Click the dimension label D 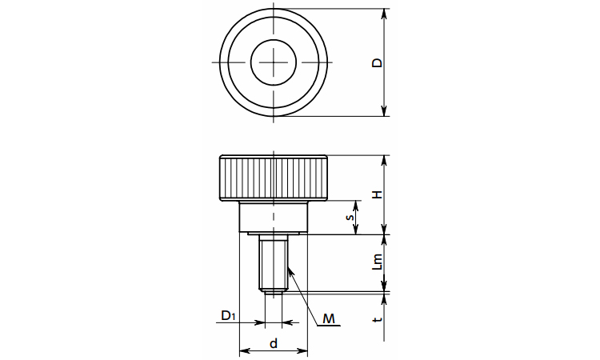[378, 62]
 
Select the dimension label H [378, 194]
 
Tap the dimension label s [350, 218]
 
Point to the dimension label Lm [378, 262]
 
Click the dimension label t [378, 318]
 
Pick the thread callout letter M [328, 318]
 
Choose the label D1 [228, 316]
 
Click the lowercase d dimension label [274, 343]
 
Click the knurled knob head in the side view [274, 178]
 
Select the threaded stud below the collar [274, 263]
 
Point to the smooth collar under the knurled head [274, 217]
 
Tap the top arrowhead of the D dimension [385, 14]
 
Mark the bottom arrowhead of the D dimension [385, 110]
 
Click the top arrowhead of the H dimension [385, 161]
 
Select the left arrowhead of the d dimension [245, 350]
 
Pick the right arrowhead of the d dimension [302, 350]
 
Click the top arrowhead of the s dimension [356, 206]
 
